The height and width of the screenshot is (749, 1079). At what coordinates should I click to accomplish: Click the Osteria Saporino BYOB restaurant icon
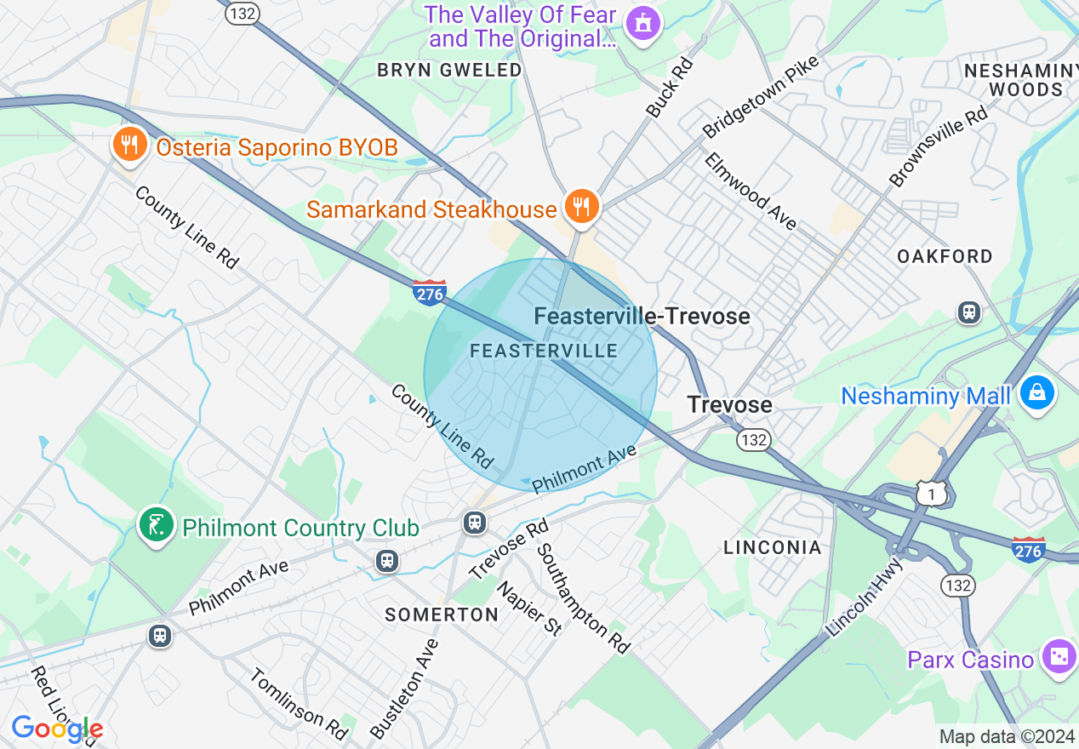(x=128, y=146)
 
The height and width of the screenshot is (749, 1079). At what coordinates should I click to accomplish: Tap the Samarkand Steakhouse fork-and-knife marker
(x=581, y=208)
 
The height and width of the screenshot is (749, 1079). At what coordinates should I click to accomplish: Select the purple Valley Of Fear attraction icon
(x=642, y=23)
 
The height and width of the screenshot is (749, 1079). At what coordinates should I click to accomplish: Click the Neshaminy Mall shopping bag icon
(x=1037, y=393)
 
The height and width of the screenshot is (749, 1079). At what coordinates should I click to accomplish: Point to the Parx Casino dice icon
(x=1059, y=659)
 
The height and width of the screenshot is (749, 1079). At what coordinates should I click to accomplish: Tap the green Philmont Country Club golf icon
(x=157, y=527)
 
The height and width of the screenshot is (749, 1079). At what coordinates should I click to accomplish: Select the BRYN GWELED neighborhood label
(x=449, y=70)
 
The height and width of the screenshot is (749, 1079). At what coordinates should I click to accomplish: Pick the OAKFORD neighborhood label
(x=945, y=256)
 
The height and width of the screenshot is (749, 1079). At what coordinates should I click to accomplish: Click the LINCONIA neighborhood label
(x=773, y=547)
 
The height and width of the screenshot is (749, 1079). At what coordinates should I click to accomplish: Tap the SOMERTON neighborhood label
(x=442, y=615)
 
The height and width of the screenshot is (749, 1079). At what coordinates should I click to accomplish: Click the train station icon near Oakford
(x=968, y=312)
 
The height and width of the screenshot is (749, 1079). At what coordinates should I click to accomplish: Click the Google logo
(x=57, y=729)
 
